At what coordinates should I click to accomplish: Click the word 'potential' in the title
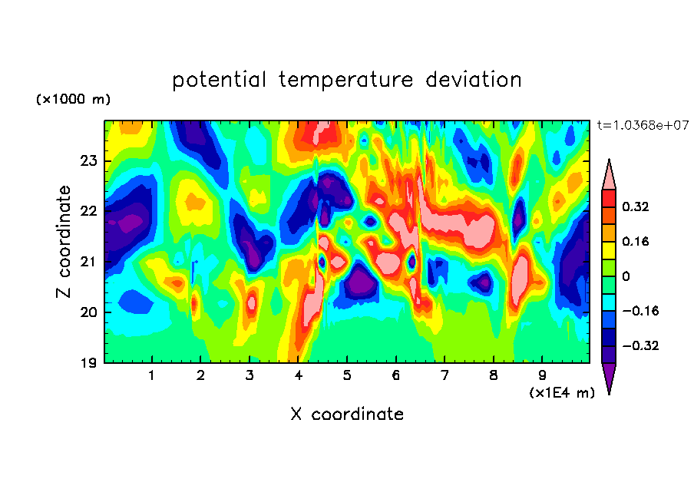pyautogui.click(x=219, y=80)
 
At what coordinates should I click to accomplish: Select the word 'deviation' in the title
pyautogui.click(x=474, y=80)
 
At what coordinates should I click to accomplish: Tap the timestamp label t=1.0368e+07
pyautogui.click(x=643, y=125)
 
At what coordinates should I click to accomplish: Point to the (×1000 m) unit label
pyautogui.click(x=73, y=99)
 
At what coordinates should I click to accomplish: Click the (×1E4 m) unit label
pyautogui.click(x=562, y=393)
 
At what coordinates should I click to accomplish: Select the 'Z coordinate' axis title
pyautogui.click(x=64, y=242)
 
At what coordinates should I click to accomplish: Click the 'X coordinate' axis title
pyautogui.click(x=347, y=414)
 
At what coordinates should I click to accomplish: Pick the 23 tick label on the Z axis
pyautogui.click(x=88, y=160)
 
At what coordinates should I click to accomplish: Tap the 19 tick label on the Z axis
pyautogui.click(x=88, y=363)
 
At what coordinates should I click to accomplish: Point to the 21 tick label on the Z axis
pyautogui.click(x=88, y=262)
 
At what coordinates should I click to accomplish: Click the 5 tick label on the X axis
pyautogui.click(x=347, y=376)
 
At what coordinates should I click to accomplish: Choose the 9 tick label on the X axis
pyautogui.click(x=542, y=376)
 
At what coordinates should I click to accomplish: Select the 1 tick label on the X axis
pyautogui.click(x=152, y=376)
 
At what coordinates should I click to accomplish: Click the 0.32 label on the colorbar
pyautogui.click(x=636, y=206)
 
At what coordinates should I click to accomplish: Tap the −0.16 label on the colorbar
pyautogui.click(x=640, y=311)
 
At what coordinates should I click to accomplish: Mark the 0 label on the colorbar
pyautogui.click(x=626, y=276)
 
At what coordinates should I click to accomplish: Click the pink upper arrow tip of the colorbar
pyautogui.click(x=609, y=160)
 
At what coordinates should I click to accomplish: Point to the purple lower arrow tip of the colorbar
pyautogui.click(x=609, y=393)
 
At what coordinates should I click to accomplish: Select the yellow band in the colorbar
pyautogui.click(x=609, y=250)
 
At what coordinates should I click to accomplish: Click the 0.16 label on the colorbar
pyautogui.click(x=636, y=242)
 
